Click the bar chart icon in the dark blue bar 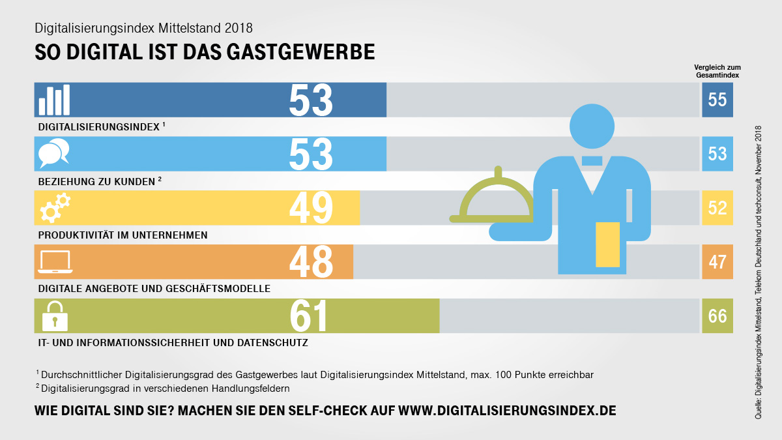tap(54, 100)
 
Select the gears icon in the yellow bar tap(55, 208)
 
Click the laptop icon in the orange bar tap(55, 262)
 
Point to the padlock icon tap(55, 316)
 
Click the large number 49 tap(311, 208)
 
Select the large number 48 tap(311, 262)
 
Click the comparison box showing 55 tap(717, 100)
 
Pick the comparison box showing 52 tap(717, 208)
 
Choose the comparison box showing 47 tap(717, 262)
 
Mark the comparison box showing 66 tap(717, 316)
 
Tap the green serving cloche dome tap(497, 199)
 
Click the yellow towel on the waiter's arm tap(607, 244)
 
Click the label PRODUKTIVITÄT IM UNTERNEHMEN tap(123, 235)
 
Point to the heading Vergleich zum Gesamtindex tap(717, 70)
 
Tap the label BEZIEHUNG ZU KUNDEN tap(98, 181)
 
